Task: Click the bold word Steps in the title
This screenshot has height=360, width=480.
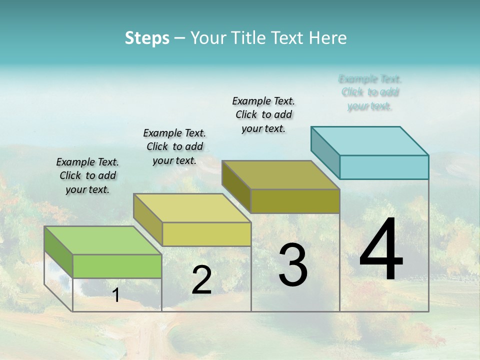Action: pos(147,38)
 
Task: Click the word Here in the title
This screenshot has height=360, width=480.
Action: pos(328,38)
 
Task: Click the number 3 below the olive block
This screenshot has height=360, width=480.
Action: pos(293,265)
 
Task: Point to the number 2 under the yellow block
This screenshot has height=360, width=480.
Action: pos(201,280)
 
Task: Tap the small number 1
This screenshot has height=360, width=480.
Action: pos(116,295)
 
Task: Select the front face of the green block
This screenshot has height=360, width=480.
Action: pos(117,266)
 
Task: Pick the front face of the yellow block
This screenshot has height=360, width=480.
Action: pos(206,234)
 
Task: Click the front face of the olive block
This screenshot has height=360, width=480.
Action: pos(295,201)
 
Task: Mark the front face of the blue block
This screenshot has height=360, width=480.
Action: pos(384,167)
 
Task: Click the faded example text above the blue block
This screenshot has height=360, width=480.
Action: pos(370,92)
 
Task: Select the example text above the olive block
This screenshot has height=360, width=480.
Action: pos(263,114)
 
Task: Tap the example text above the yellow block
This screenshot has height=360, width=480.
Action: pos(174,146)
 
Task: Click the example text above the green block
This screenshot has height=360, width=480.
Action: pos(87,175)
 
